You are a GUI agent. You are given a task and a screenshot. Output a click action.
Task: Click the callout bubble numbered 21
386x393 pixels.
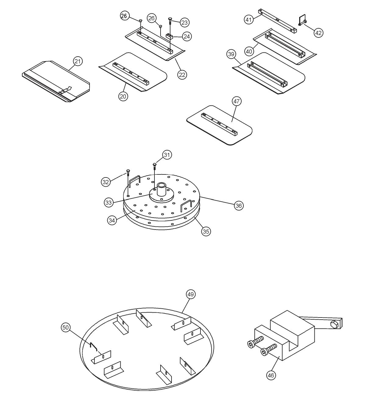78,61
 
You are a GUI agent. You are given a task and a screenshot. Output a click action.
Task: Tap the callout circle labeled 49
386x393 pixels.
191,294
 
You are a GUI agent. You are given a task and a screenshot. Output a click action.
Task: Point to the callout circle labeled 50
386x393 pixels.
66,328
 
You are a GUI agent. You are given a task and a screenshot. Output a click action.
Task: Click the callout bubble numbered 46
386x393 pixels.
271,375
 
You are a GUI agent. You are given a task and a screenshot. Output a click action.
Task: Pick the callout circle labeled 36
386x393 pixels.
239,206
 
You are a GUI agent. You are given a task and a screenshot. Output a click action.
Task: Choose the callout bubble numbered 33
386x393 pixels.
109,202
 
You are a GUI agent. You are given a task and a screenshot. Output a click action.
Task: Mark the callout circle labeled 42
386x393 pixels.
318,33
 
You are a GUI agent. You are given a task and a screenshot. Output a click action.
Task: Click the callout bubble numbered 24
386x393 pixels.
187,37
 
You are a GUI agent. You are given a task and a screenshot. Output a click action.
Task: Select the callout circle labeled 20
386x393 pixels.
123,96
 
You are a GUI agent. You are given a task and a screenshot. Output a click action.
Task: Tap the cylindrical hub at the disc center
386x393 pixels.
161,190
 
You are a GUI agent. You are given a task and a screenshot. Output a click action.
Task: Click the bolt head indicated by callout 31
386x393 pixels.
155,164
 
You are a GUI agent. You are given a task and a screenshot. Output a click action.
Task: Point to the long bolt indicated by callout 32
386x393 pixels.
128,183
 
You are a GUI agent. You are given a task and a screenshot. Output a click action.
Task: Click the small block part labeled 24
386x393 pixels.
169,37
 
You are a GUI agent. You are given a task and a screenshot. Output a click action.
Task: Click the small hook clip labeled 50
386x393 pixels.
93,346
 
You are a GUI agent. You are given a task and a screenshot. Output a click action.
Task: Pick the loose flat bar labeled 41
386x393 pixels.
277,21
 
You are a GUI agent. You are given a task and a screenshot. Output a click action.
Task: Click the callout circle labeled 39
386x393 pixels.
231,54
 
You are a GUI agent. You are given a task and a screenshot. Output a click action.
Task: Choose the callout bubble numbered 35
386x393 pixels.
206,231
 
